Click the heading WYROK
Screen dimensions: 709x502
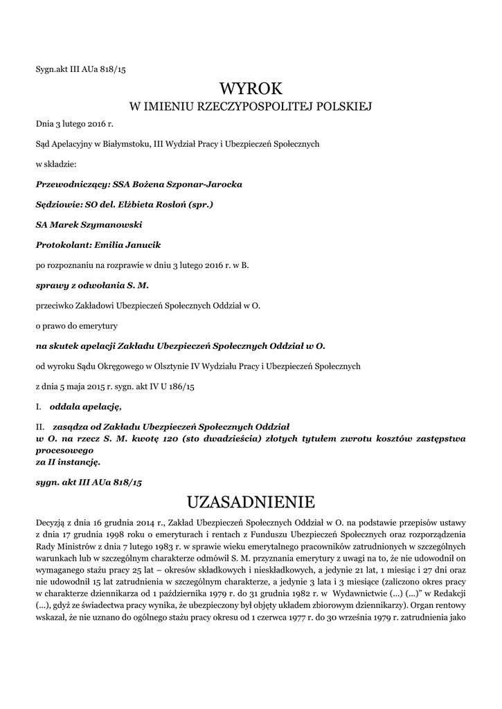[251, 89]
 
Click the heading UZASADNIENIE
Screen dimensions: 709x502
[251, 501]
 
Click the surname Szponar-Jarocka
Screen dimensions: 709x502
[205, 185]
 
